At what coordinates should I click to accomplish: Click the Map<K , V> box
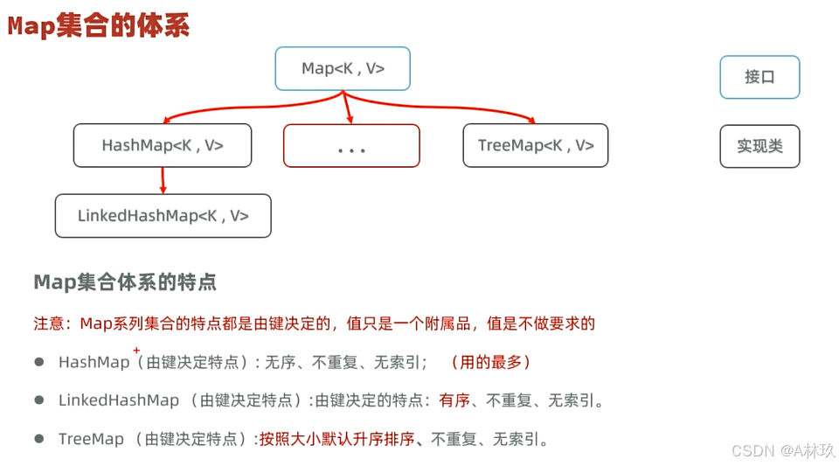[x=343, y=69]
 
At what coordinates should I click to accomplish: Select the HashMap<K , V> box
[x=163, y=145]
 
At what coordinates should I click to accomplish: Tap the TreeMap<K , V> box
[x=536, y=145]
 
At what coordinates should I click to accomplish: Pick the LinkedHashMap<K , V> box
[x=163, y=216]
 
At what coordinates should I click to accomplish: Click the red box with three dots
[x=351, y=146]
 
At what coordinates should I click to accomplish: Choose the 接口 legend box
[x=759, y=77]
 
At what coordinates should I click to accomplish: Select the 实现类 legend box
[x=759, y=146]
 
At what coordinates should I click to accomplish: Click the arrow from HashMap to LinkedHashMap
[x=163, y=180]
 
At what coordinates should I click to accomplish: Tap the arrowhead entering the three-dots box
[x=349, y=119]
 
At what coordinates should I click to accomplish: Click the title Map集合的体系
[x=99, y=26]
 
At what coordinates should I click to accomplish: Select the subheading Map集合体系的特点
[x=125, y=282]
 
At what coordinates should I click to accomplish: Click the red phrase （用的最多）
[x=489, y=362]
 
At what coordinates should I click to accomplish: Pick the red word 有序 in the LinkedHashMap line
[x=454, y=400]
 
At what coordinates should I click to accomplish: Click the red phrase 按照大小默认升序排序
[x=336, y=439]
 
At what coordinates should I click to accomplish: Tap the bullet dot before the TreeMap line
[x=39, y=439]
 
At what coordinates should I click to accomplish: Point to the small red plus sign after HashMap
[x=136, y=350]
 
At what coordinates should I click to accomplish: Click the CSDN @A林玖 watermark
[x=783, y=450]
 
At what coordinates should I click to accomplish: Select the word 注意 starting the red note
[x=48, y=323]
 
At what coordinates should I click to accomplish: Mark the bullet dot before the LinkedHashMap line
[x=39, y=400]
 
